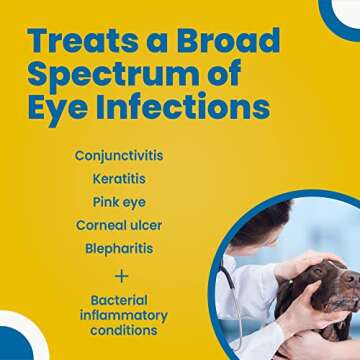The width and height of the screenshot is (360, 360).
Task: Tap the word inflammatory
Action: (121, 316)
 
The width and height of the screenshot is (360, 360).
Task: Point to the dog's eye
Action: (325, 290)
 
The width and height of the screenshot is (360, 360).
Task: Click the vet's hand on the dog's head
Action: (300, 262)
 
